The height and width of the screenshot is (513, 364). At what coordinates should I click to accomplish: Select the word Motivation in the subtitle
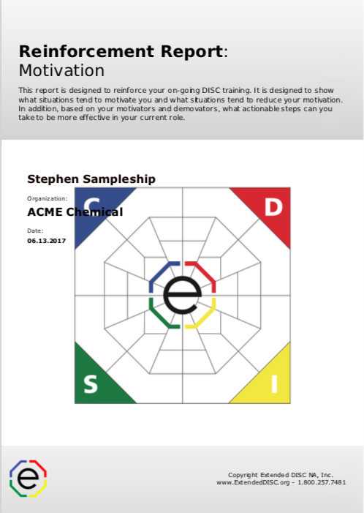61,71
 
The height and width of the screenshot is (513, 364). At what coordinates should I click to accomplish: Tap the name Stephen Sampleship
91,179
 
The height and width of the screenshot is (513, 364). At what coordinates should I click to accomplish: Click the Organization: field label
48,198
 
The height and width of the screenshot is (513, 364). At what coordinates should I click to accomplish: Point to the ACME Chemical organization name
75,212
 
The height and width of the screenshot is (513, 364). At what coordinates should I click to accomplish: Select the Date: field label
36,231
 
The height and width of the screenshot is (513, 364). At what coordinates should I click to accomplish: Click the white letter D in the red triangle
273,207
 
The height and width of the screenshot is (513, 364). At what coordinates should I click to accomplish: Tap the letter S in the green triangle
90,384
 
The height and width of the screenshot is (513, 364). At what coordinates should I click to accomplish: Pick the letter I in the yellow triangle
273,384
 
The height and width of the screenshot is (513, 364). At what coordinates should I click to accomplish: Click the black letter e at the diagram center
182,295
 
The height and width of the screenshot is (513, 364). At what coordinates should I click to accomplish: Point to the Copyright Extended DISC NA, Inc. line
281,474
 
